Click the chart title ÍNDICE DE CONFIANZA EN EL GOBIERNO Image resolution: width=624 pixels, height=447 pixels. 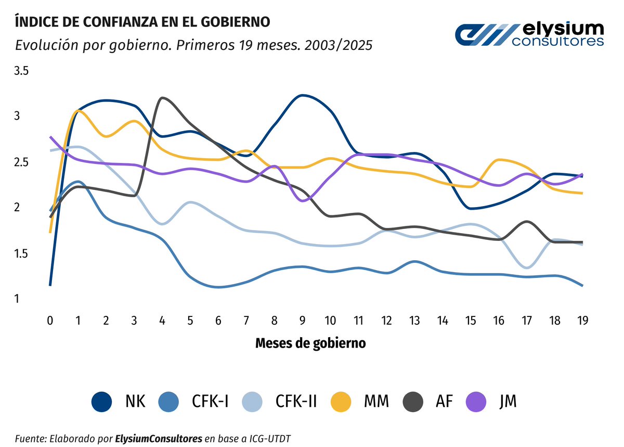[142, 22]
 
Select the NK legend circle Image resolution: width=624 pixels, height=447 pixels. [101, 402]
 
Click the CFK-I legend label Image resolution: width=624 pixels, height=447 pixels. [210, 402]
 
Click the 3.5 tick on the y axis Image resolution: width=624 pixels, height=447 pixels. [21, 71]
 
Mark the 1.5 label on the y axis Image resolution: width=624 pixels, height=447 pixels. [21, 253]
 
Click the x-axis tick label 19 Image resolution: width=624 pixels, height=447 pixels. [583, 321]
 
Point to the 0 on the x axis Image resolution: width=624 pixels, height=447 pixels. [50, 321]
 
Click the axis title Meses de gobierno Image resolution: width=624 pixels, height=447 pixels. [310, 343]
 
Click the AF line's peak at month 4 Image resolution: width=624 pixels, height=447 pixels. [163, 98]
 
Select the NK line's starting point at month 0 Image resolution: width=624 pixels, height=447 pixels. [50, 285]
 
